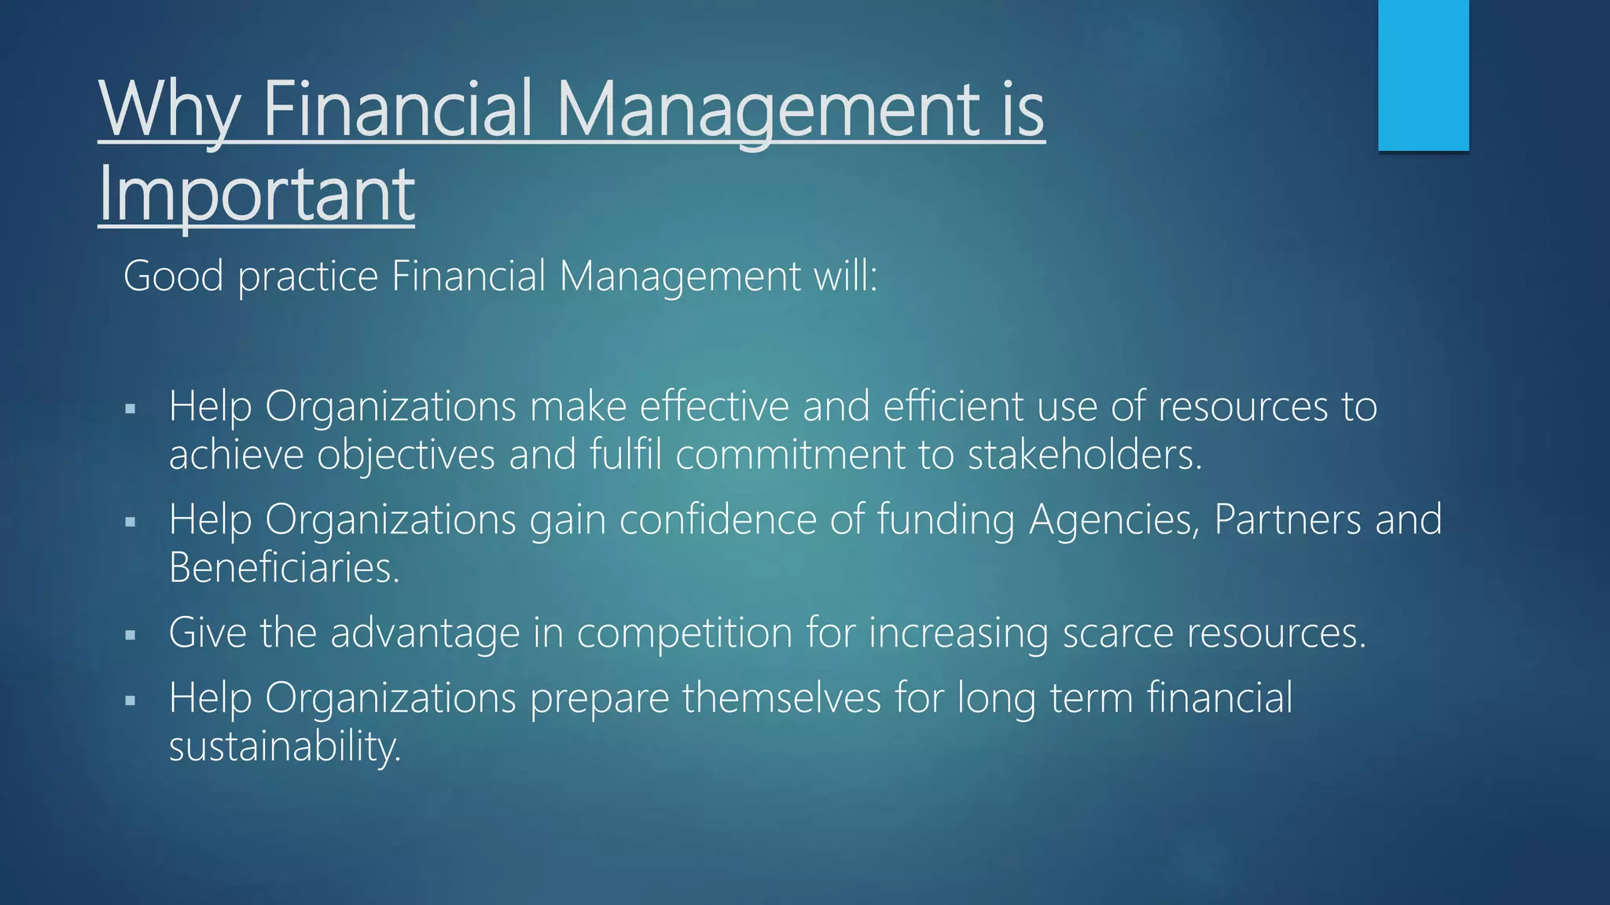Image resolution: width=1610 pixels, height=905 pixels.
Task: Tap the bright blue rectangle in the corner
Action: click(1423, 75)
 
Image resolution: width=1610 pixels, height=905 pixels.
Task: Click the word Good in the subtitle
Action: click(173, 277)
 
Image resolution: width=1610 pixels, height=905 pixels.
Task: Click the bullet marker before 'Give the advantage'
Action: click(130, 634)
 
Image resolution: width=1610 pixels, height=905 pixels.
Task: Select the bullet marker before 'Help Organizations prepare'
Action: click(130, 699)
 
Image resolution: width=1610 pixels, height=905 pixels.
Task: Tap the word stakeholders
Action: click(1085, 455)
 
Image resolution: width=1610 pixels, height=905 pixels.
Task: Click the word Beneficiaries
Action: click(285, 567)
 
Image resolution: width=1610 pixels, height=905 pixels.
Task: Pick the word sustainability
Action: click(285, 746)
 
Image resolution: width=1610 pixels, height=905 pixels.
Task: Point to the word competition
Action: click(685, 633)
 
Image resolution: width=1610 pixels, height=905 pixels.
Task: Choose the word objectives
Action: click(406, 455)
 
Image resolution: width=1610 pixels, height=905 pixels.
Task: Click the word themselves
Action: click(781, 698)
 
